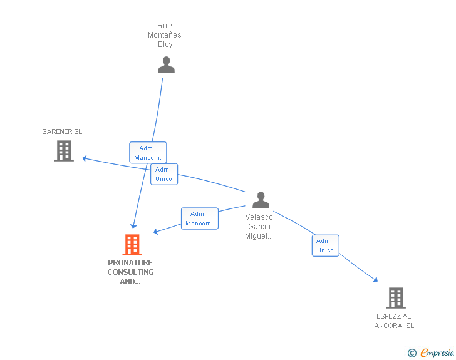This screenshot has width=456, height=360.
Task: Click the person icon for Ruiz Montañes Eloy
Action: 166,65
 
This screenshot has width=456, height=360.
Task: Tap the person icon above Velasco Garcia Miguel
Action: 261,200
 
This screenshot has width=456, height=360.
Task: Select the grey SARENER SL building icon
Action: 64,151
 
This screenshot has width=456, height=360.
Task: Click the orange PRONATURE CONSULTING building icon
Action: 132,244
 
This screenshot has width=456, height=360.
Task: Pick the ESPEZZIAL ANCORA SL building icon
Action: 396,297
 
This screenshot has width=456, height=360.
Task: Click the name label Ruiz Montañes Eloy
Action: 165,35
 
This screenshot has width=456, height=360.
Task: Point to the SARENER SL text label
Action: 62,131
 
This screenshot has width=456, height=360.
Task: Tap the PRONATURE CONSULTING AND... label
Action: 130,272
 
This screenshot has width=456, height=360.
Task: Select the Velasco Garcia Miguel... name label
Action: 259,227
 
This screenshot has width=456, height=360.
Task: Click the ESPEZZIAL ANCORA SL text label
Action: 394,321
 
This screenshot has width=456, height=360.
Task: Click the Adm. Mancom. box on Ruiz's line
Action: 148,153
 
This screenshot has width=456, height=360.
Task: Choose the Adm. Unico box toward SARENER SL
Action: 164,174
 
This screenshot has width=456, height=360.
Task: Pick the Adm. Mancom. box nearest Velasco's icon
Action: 200,219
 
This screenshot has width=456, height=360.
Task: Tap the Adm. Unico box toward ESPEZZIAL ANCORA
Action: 325,245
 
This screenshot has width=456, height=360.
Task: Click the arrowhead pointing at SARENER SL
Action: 85,158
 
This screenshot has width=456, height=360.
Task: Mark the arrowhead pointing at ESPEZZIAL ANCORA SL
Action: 375,280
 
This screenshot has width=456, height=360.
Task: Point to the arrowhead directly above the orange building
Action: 133,225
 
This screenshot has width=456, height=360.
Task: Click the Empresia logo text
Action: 437,353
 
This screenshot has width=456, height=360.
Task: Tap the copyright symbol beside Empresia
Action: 412,353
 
